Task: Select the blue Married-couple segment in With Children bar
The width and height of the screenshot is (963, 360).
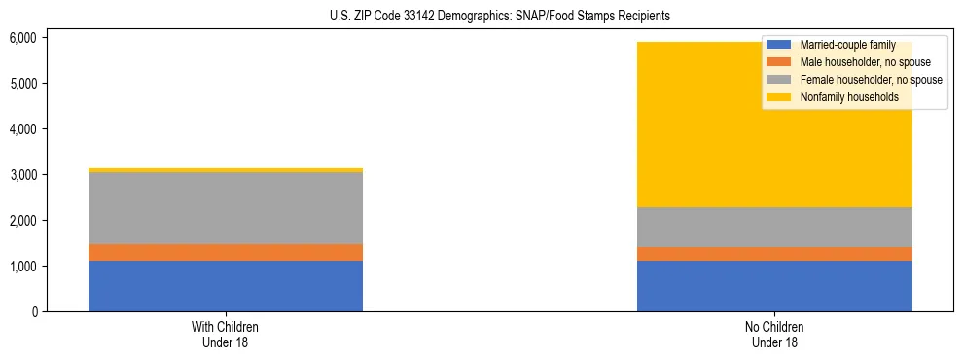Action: [x=226, y=286]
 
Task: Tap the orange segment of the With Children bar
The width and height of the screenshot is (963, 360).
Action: [x=226, y=252]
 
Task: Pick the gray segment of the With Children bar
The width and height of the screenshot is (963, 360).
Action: [x=226, y=208]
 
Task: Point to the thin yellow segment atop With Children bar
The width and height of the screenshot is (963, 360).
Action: [x=226, y=170]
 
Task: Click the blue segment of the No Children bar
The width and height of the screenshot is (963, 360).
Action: [x=774, y=286]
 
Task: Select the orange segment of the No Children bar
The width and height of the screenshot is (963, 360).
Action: [x=774, y=254]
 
